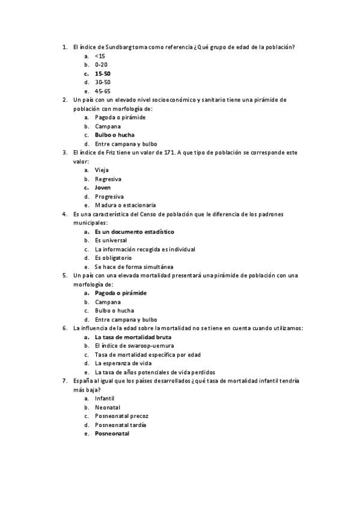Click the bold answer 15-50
tap(102, 73)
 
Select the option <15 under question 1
tap(99, 56)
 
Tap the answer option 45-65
tap(102, 91)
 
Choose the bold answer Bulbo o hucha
tap(114, 135)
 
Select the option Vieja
tap(102, 170)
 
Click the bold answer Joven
tap(103, 188)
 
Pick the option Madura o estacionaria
tap(125, 205)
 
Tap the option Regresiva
tap(108, 179)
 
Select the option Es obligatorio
tap(113, 258)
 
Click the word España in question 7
tap(83, 381)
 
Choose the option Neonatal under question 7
tap(107, 407)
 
